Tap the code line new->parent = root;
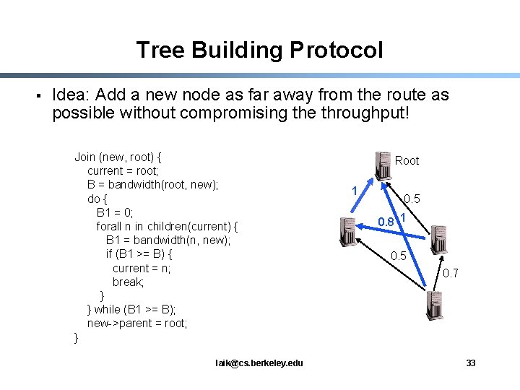(x=137, y=323)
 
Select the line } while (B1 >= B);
(x=131, y=309)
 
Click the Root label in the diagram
(x=407, y=160)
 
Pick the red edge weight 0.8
(x=387, y=222)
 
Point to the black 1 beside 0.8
(x=402, y=217)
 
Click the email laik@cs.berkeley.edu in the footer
(x=259, y=363)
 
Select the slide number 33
(x=471, y=363)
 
